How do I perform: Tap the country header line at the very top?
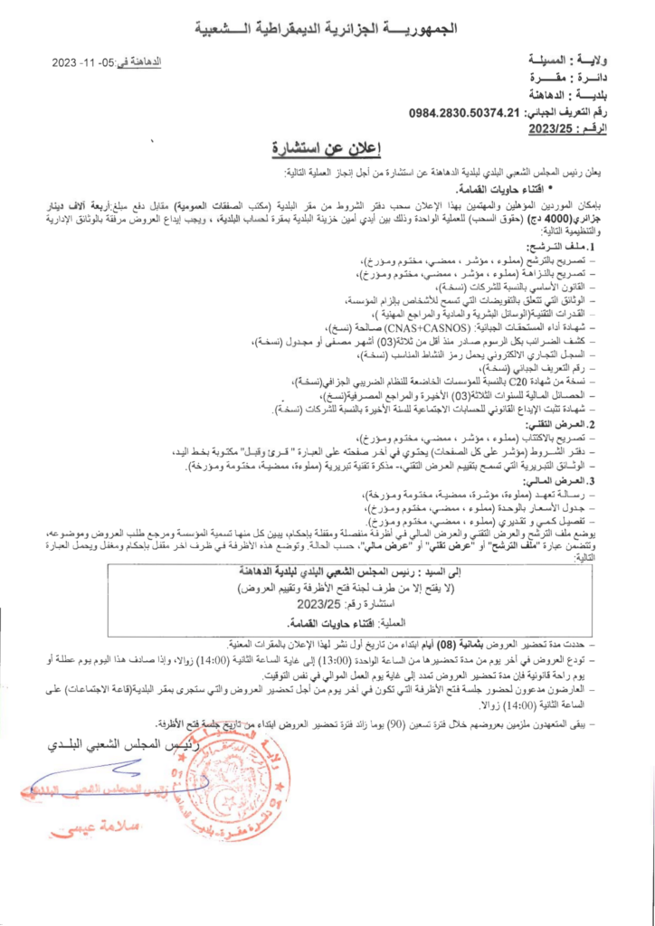pos(327,28)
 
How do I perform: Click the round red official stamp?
pos(238,782)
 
